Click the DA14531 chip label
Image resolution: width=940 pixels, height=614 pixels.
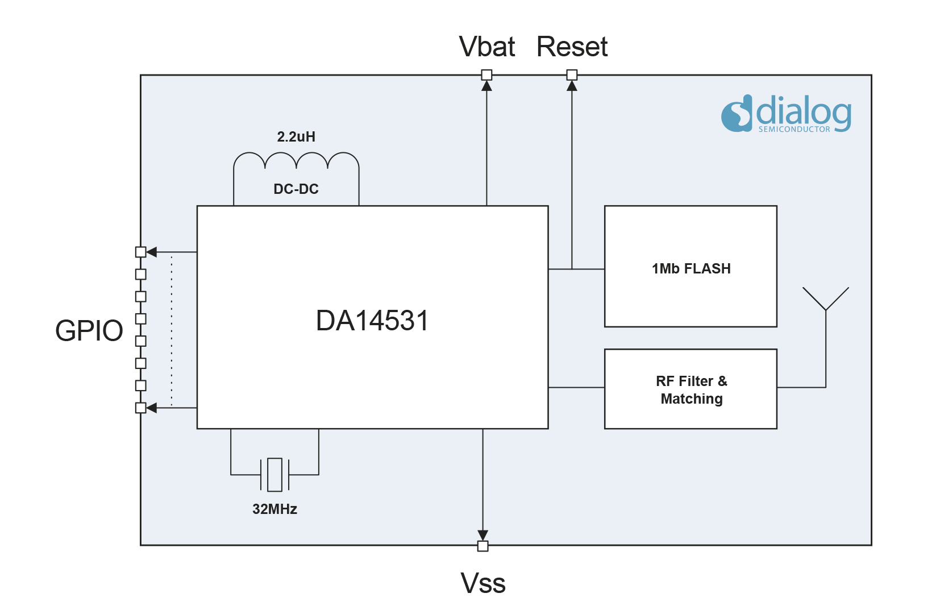372,321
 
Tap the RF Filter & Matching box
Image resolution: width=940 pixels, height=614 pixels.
691,389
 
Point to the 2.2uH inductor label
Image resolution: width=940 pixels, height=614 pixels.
296,136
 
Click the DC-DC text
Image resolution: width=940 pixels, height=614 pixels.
296,189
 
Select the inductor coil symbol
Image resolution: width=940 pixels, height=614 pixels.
296,161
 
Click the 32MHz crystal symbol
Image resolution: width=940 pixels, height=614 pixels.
275,474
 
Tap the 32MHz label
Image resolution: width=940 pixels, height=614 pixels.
275,509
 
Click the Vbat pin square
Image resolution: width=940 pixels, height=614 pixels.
486,75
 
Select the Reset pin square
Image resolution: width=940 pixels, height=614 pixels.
572,75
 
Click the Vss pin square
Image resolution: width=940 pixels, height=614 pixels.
483,546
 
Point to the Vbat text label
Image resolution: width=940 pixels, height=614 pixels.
488,47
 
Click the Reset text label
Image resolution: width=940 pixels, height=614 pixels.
572,47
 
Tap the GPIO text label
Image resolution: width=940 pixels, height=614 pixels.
89,330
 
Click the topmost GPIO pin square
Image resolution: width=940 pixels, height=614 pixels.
141,252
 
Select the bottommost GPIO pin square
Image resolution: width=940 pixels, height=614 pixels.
141,408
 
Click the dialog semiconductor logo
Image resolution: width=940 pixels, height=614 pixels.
787,114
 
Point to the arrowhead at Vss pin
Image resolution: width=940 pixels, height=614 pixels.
483,536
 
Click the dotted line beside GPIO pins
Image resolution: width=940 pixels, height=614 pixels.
172,330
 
